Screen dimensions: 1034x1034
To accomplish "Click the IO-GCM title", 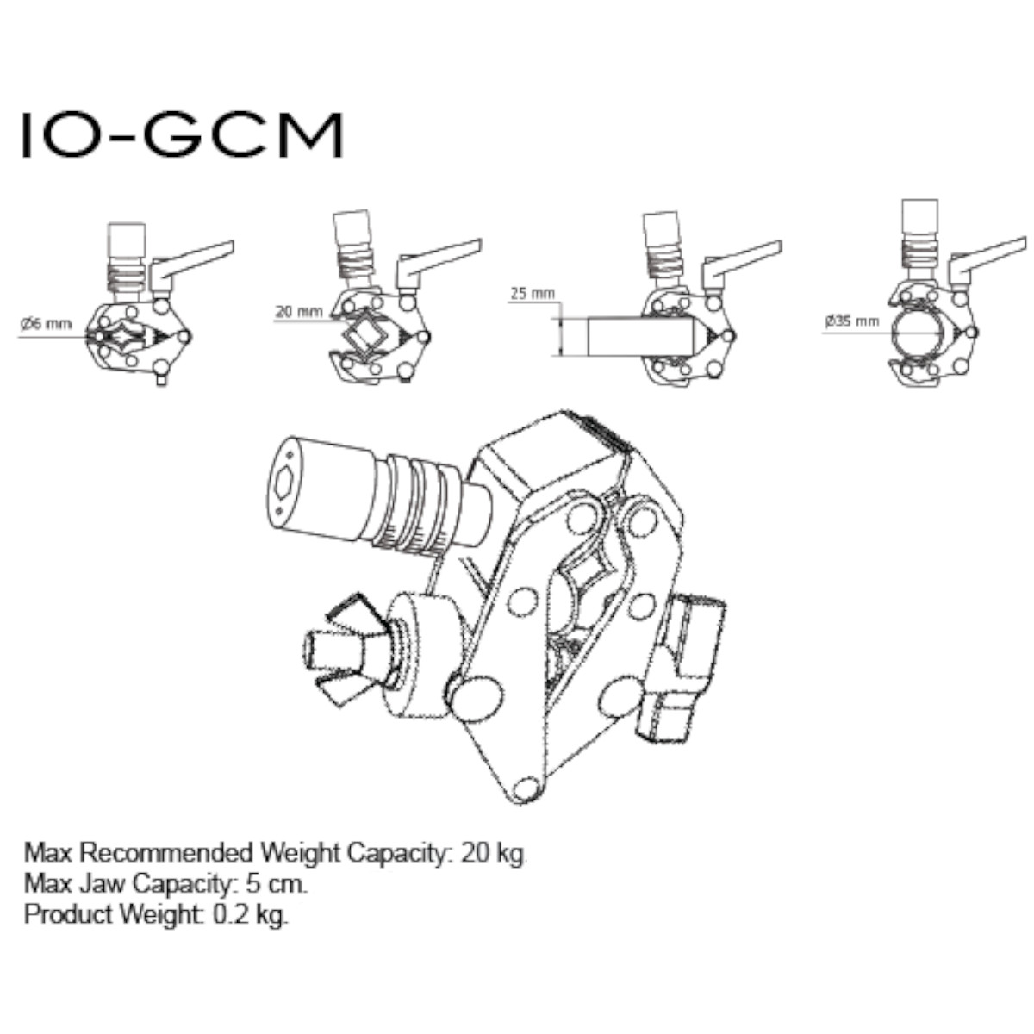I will pos(182,134).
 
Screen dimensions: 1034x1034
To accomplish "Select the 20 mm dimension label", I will pos(298,311).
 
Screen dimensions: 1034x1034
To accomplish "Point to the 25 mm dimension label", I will pos(532,294).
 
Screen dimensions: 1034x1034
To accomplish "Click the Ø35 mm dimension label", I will pos(851,321).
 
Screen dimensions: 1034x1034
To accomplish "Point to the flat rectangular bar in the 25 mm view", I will pos(638,337).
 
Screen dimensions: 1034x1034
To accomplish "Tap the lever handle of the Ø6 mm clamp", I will pos(194,258).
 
